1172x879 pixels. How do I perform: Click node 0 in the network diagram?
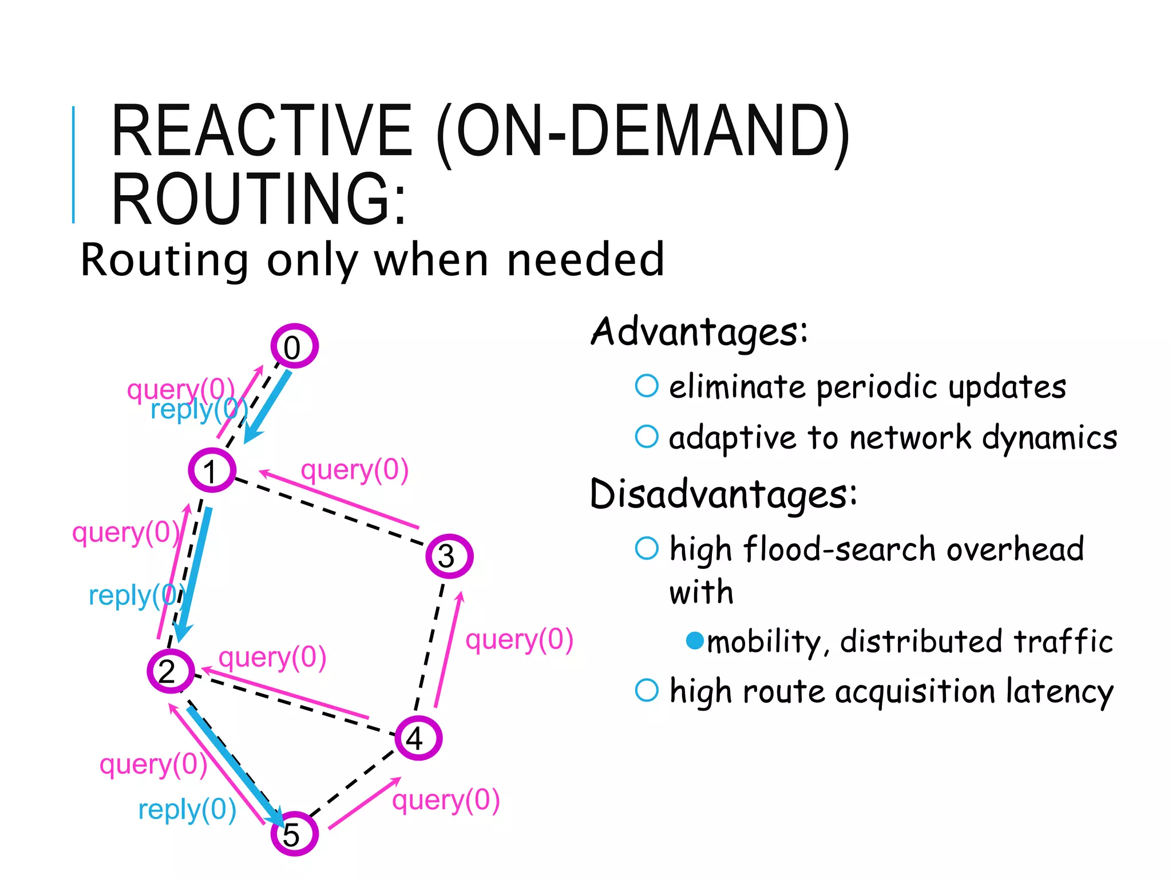[294, 346]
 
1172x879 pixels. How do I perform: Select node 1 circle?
[212, 470]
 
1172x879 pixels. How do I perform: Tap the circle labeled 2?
[171, 671]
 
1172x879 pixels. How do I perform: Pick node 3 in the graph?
[449, 556]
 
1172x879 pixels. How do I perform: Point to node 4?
[418, 738]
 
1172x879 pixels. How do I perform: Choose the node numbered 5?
[294, 834]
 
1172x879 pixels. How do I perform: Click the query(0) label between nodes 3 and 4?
[519, 640]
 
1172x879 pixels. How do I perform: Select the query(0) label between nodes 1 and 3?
[355, 470]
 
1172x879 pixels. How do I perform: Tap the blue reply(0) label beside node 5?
[187, 810]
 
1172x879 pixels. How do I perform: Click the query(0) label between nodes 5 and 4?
[446, 800]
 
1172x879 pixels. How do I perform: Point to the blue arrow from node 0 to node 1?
[268, 406]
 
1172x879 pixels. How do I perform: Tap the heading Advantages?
[699, 332]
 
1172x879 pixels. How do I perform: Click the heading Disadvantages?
[723, 494]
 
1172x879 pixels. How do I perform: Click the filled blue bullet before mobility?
[695, 640]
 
